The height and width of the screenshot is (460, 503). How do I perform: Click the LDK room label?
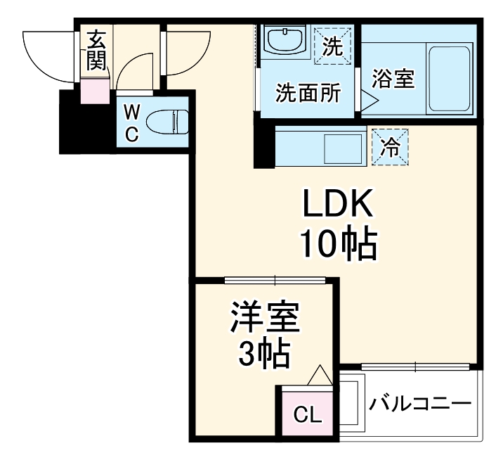336,206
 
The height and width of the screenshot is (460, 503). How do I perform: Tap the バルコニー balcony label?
420,406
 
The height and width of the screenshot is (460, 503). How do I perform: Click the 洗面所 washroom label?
308,94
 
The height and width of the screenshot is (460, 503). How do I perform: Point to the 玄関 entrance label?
96,51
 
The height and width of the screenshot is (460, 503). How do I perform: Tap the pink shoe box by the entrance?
94,91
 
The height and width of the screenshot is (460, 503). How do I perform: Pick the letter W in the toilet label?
132,112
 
